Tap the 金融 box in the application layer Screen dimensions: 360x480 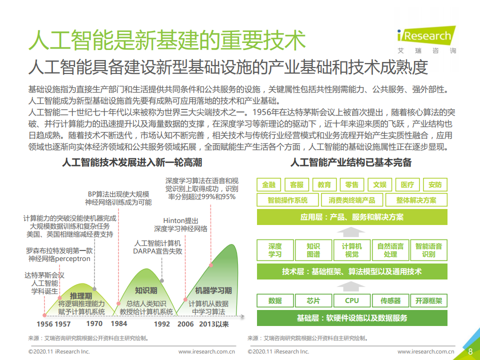pyautogui.click(x=268, y=184)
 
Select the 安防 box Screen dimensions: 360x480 pyautogui.click(x=434, y=184)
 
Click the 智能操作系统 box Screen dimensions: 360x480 pyautogui.click(x=287, y=200)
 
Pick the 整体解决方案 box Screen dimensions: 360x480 pyautogui.click(x=416, y=200)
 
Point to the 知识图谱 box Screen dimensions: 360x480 pyautogui.click(x=313, y=250)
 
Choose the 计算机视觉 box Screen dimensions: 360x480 pyautogui.click(x=352, y=250)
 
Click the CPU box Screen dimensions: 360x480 pyautogui.click(x=352, y=300)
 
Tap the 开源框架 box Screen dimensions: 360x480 pyautogui.click(x=429, y=300)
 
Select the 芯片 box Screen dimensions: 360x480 pyautogui.click(x=313, y=300)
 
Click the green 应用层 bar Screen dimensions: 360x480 pyautogui.click(x=352, y=217)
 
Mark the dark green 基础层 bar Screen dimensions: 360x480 pyautogui.click(x=352, y=317)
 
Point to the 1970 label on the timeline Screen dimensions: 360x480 pyautogui.click(x=94, y=324)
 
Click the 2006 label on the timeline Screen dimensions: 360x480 pyautogui.click(x=185, y=324)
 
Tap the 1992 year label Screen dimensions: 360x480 pyautogui.click(x=162, y=324)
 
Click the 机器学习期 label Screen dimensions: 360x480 pyautogui.click(x=213, y=290)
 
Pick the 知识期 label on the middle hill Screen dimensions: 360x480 pyautogui.click(x=146, y=290)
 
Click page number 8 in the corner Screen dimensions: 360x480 pyautogui.click(x=470, y=351)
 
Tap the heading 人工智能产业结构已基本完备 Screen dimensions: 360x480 pyautogui.click(x=351, y=163)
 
